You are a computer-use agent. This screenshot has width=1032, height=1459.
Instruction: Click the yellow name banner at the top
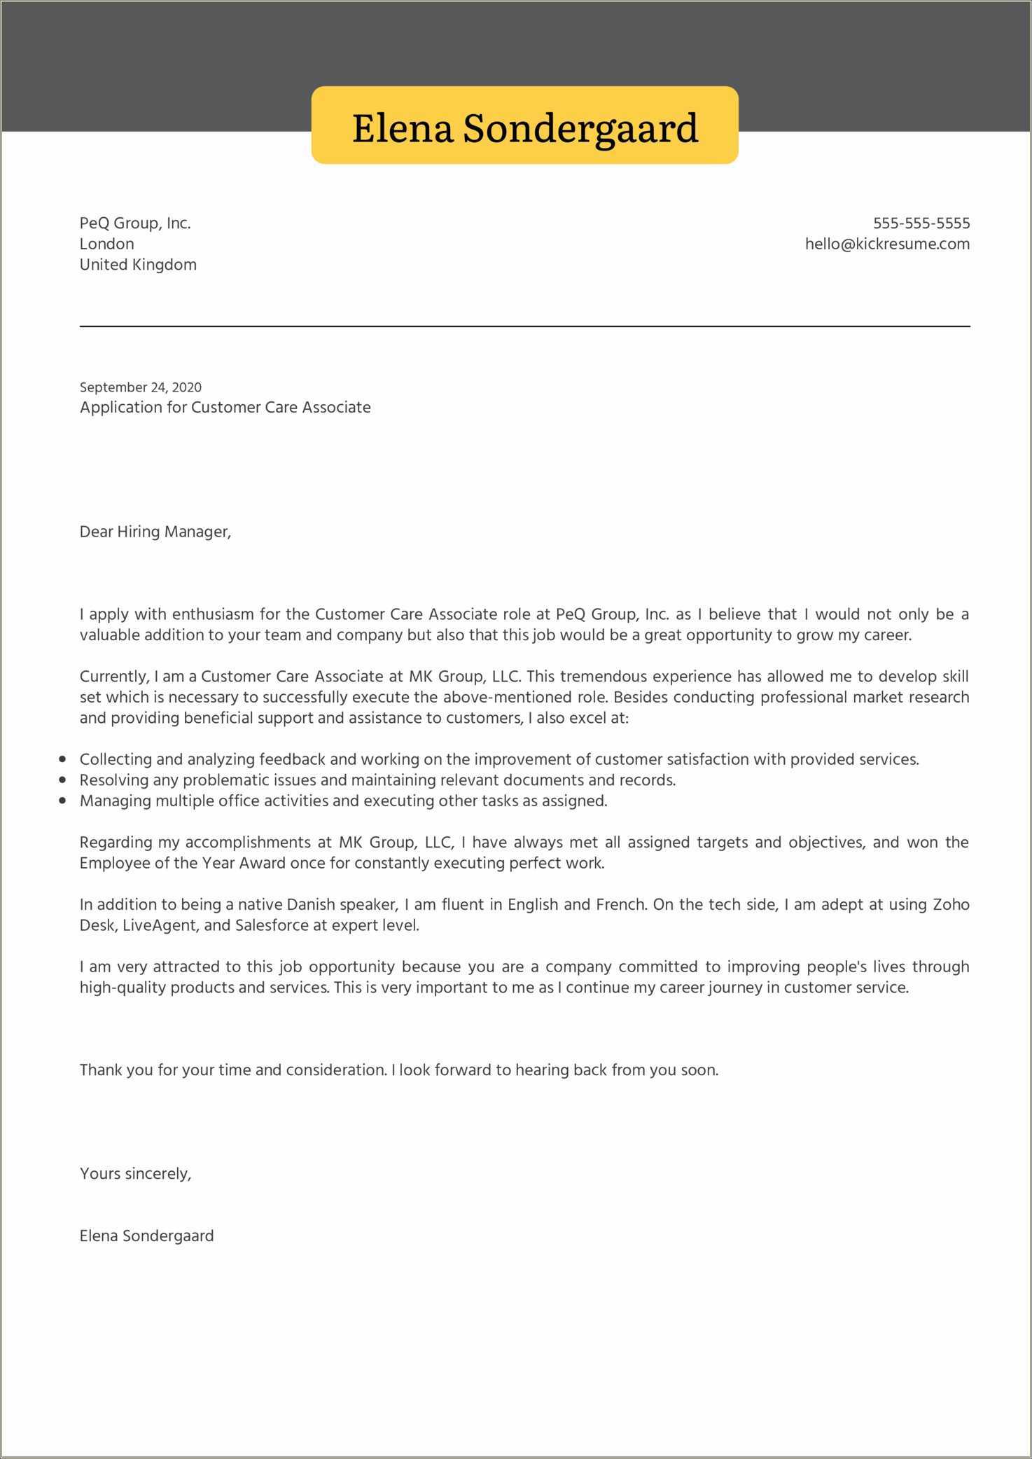524,126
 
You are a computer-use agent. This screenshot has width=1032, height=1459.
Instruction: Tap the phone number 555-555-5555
921,223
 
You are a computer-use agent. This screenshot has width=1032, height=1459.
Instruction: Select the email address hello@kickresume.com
887,244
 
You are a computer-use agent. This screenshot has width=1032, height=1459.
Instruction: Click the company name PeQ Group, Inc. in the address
135,223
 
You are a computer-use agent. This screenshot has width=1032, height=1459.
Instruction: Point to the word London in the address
106,244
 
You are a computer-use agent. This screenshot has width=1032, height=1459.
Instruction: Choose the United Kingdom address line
138,265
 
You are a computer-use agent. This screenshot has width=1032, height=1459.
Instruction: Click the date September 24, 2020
140,387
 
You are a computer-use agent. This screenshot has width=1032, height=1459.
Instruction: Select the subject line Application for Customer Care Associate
225,408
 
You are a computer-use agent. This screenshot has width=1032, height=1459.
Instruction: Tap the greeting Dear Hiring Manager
155,532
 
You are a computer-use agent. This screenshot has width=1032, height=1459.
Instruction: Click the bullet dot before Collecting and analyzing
63,759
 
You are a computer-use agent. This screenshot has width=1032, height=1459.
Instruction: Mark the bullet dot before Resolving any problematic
63,780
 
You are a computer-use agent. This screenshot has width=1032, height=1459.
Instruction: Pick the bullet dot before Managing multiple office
63,800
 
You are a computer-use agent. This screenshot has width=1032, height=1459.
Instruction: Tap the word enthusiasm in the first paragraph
214,614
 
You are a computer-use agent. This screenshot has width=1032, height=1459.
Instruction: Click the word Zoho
951,904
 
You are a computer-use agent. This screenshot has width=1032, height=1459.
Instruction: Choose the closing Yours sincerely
135,1173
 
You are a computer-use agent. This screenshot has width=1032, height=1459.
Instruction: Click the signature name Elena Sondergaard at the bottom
146,1236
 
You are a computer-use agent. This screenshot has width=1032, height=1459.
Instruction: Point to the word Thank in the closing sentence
101,1070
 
